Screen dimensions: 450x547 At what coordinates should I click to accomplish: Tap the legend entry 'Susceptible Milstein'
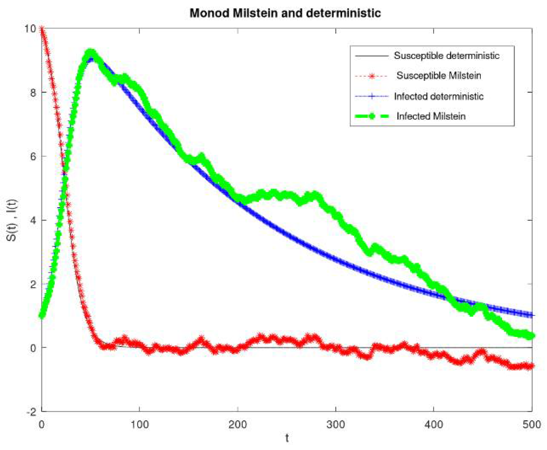tap(439, 76)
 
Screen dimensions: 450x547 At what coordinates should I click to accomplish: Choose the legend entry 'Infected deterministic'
tap(439, 96)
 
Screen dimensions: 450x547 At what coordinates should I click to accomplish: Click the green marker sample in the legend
tap(372, 116)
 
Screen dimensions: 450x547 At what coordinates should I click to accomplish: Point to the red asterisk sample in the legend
tap(372, 76)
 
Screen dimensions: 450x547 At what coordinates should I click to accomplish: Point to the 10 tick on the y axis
tap(30, 28)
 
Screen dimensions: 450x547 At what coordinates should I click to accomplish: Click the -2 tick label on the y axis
tap(31, 412)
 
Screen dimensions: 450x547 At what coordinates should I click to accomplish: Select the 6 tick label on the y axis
tap(33, 156)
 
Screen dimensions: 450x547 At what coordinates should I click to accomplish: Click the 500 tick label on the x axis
tap(532, 425)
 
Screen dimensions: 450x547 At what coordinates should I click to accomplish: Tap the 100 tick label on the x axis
tap(139, 425)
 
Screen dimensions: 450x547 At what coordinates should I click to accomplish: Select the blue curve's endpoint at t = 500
tap(532, 315)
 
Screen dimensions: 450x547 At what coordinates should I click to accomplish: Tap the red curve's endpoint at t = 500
tap(532, 366)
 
